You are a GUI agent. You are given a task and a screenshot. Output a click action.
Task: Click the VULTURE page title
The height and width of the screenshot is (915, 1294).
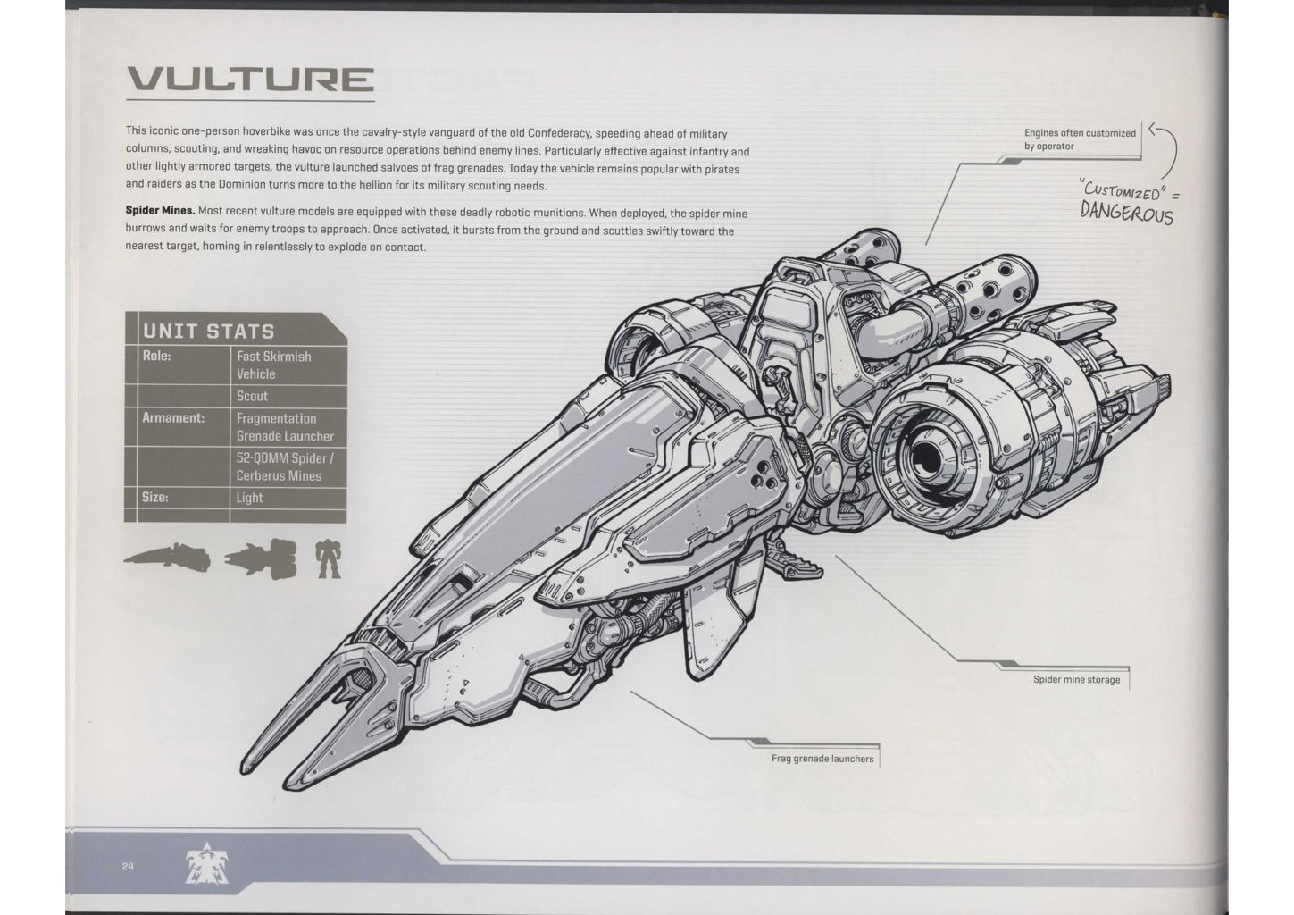(x=249, y=81)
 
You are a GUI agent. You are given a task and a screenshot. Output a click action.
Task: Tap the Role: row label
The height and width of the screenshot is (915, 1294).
(x=156, y=356)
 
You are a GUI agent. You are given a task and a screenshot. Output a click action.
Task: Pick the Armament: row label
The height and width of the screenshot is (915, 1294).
(x=173, y=417)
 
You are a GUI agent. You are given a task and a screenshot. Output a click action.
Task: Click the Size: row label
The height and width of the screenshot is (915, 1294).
(x=154, y=497)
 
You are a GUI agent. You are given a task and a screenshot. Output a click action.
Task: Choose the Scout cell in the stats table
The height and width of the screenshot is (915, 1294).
(x=252, y=396)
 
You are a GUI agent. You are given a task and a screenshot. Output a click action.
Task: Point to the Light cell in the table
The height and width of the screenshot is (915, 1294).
(x=249, y=497)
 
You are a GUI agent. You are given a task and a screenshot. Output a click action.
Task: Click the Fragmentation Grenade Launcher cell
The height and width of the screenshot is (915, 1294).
(x=285, y=427)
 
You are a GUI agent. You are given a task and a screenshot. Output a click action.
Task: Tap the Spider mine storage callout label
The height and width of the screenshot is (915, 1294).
(x=1076, y=679)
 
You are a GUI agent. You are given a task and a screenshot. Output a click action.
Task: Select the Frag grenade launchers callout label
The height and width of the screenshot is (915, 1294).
(x=822, y=759)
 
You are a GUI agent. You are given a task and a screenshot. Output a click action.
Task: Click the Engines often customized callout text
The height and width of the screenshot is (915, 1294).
(x=1080, y=139)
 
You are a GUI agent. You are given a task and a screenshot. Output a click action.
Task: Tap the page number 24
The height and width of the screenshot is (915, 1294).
(x=128, y=865)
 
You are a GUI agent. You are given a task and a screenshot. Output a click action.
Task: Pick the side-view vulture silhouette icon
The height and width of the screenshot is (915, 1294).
(x=167, y=558)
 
